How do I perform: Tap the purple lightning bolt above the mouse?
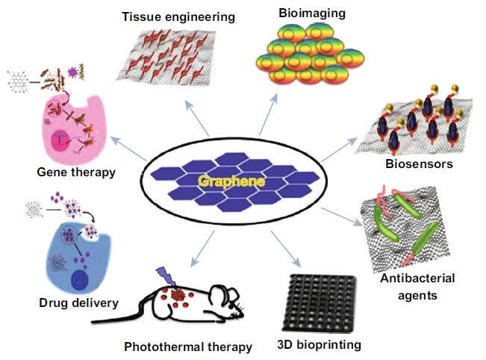click(x=164, y=278)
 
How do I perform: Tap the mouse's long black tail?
click(x=119, y=322)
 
